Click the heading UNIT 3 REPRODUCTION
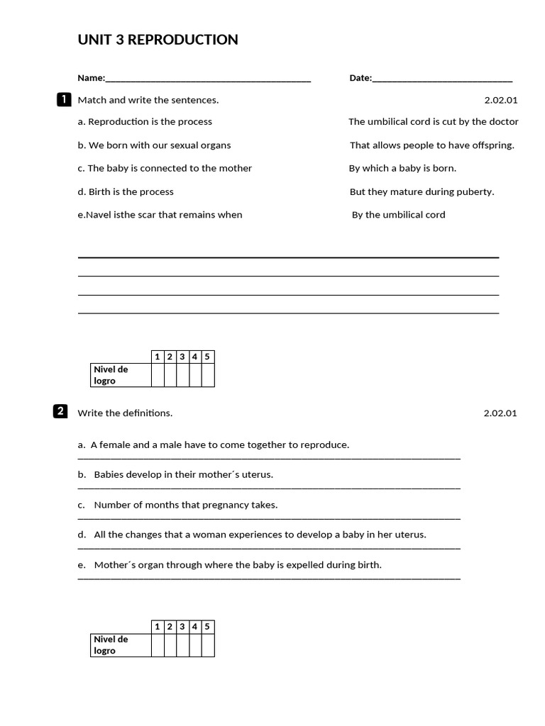point(158,40)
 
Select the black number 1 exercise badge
point(62,99)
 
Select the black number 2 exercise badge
point(61,412)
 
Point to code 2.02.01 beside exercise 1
point(500,100)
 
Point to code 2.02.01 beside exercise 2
point(500,413)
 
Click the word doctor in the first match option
point(504,122)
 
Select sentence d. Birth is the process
point(126,191)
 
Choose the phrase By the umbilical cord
point(399,215)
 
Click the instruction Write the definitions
point(125,413)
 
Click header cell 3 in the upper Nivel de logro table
point(182,357)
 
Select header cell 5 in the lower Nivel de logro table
point(207,627)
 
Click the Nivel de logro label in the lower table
point(111,644)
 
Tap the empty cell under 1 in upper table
point(158,375)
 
